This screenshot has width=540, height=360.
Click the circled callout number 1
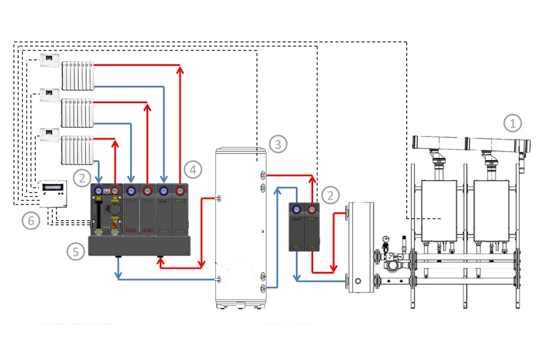[x=512, y=124]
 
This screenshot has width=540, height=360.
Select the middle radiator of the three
[x=79, y=112]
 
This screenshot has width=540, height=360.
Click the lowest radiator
[x=79, y=150]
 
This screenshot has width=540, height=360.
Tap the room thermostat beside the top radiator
[x=49, y=61]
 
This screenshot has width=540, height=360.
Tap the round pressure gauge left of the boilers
[x=386, y=239]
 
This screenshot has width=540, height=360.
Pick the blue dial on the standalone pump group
[x=297, y=209]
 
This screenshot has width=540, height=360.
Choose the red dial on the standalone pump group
[x=313, y=209]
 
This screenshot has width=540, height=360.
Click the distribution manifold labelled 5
[x=139, y=246]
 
